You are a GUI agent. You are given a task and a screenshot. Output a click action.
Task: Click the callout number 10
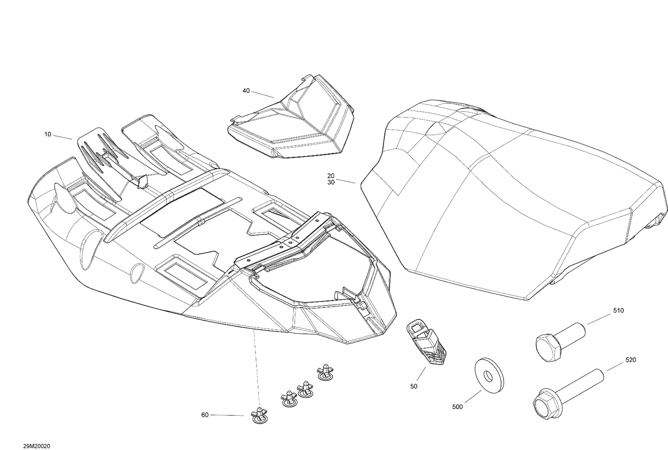(x=48, y=134)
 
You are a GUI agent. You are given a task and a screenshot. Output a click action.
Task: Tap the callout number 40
(x=246, y=91)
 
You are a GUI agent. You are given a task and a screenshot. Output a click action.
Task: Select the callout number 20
(x=331, y=176)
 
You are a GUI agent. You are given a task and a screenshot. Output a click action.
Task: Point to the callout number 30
(x=331, y=182)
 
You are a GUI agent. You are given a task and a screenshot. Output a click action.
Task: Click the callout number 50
(x=414, y=386)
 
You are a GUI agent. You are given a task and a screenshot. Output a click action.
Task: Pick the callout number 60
(x=205, y=415)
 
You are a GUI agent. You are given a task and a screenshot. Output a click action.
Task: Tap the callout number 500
(x=457, y=407)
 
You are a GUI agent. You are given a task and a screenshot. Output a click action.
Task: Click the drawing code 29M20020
(x=37, y=446)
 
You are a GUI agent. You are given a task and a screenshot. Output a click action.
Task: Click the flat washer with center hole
(x=489, y=376)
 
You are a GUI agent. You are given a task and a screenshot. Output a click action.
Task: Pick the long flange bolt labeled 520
(x=568, y=393)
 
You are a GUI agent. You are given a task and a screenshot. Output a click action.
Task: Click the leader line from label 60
(x=227, y=415)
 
